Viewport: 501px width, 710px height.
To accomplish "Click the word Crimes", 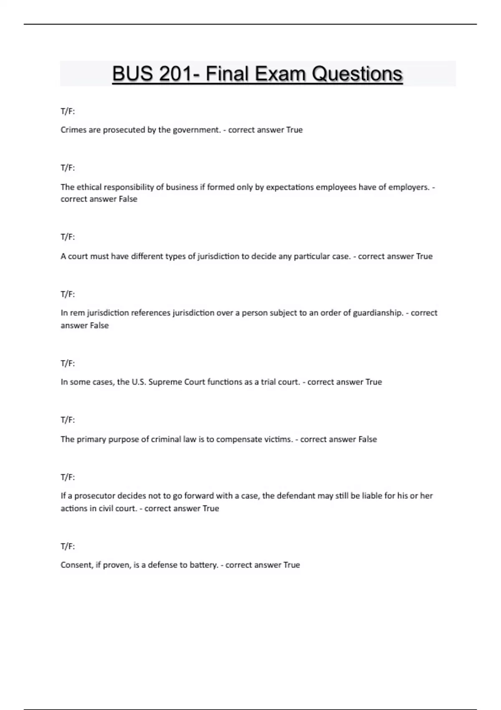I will click(73, 130).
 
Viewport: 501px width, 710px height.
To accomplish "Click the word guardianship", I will click(378, 313).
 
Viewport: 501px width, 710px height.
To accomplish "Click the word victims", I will click(278, 439).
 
